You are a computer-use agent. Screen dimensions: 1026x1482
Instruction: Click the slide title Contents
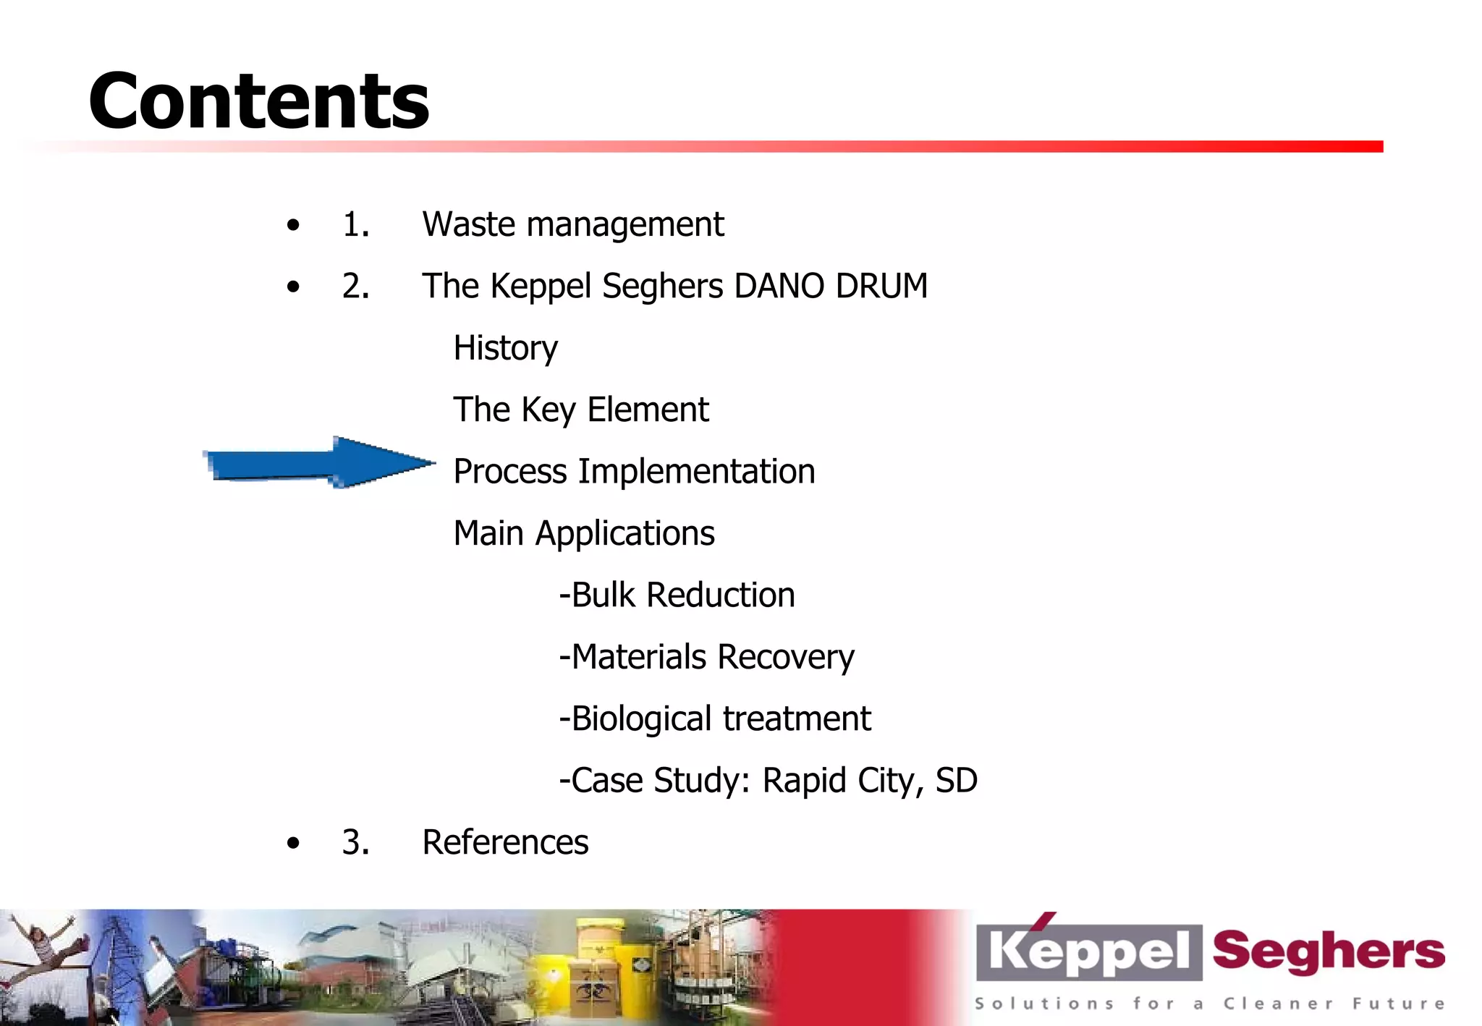click(x=258, y=101)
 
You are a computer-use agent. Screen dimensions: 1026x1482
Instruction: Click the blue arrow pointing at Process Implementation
click(x=318, y=463)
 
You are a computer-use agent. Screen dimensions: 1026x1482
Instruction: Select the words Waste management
click(x=572, y=224)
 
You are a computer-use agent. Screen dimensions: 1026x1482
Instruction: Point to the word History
click(x=505, y=348)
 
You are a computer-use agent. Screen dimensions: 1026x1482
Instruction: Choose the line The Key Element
click(x=580, y=410)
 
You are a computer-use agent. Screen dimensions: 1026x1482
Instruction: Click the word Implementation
click(x=695, y=472)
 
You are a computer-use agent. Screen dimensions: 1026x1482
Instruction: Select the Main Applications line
click(x=583, y=533)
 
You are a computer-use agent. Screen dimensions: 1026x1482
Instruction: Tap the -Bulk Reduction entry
click(x=677, y=595)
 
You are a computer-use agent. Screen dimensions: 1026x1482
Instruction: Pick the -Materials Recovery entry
click(x=706, y=657)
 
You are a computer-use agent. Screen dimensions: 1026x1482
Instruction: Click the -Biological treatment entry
click(x=715, y=718)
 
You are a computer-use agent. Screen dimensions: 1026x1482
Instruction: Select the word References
click(x=505, y=842)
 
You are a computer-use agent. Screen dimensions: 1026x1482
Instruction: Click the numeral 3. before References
click(x=355, y=842)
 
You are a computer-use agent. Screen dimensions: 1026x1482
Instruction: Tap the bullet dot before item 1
click(x=293, y=225)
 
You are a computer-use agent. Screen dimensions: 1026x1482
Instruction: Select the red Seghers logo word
click(x=1328, y=951)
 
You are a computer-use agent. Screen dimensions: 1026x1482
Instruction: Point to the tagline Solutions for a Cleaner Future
click(x=1208, y=1004)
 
